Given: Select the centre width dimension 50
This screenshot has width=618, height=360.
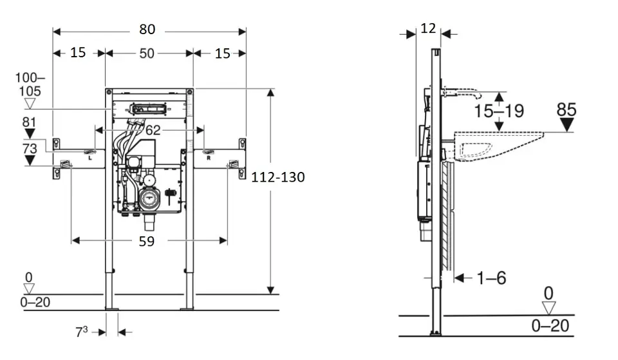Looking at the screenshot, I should click(147, 53).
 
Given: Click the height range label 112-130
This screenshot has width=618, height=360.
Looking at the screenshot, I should click(279, 176).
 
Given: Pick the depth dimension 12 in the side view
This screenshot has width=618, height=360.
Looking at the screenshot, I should click(428, 28).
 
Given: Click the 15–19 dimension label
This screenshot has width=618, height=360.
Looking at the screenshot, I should click(500, 111).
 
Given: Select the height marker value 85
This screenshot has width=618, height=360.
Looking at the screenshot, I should click(566, 109).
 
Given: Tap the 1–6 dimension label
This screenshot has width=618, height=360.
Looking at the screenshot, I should click(491, 278).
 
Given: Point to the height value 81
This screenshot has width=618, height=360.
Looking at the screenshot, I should click(29, 122).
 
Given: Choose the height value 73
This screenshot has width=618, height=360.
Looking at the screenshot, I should click(29, 148).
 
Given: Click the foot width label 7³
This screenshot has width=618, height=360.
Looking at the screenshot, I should click(81, 332).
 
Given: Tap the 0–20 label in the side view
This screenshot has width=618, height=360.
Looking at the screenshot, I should click(550, 326).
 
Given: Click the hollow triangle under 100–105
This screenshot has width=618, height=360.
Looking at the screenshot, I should click(30, 104).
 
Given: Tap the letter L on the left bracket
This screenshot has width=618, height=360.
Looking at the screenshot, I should click(90, 156).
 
